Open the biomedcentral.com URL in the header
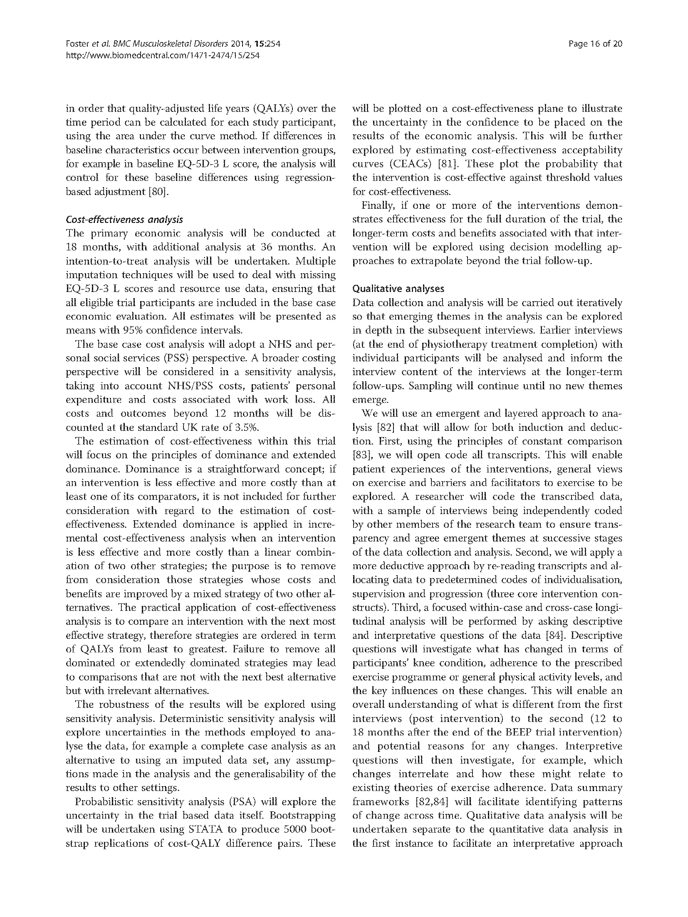(x=163, y=55)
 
